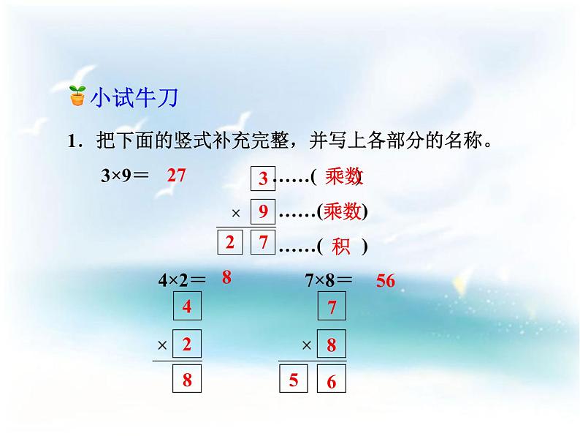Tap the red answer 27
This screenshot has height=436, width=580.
(x=178, y=176)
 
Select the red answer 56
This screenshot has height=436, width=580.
(x=386, y=280)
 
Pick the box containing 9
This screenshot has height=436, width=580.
(x=263, y=213)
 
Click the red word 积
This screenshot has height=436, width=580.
(x=341, y=247)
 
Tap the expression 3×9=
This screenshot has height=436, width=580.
(x=125, y=176)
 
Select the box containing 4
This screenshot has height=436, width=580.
(x=187, y=307)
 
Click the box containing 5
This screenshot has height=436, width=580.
(x=294, y=380)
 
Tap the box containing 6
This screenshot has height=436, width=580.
(x=332, y=380)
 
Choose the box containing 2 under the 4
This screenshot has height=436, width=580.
(x=187, y=343)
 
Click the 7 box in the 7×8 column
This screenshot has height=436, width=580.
(x=332, y=307)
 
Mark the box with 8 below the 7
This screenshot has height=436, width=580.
(x=332, y=345)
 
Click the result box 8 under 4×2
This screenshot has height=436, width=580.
(x=187, y=380)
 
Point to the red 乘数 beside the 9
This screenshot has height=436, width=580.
(x=343, y=212)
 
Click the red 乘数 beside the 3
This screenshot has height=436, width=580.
(x=344, y=177)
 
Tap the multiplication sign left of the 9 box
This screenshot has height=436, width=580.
(x=236, y=214)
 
